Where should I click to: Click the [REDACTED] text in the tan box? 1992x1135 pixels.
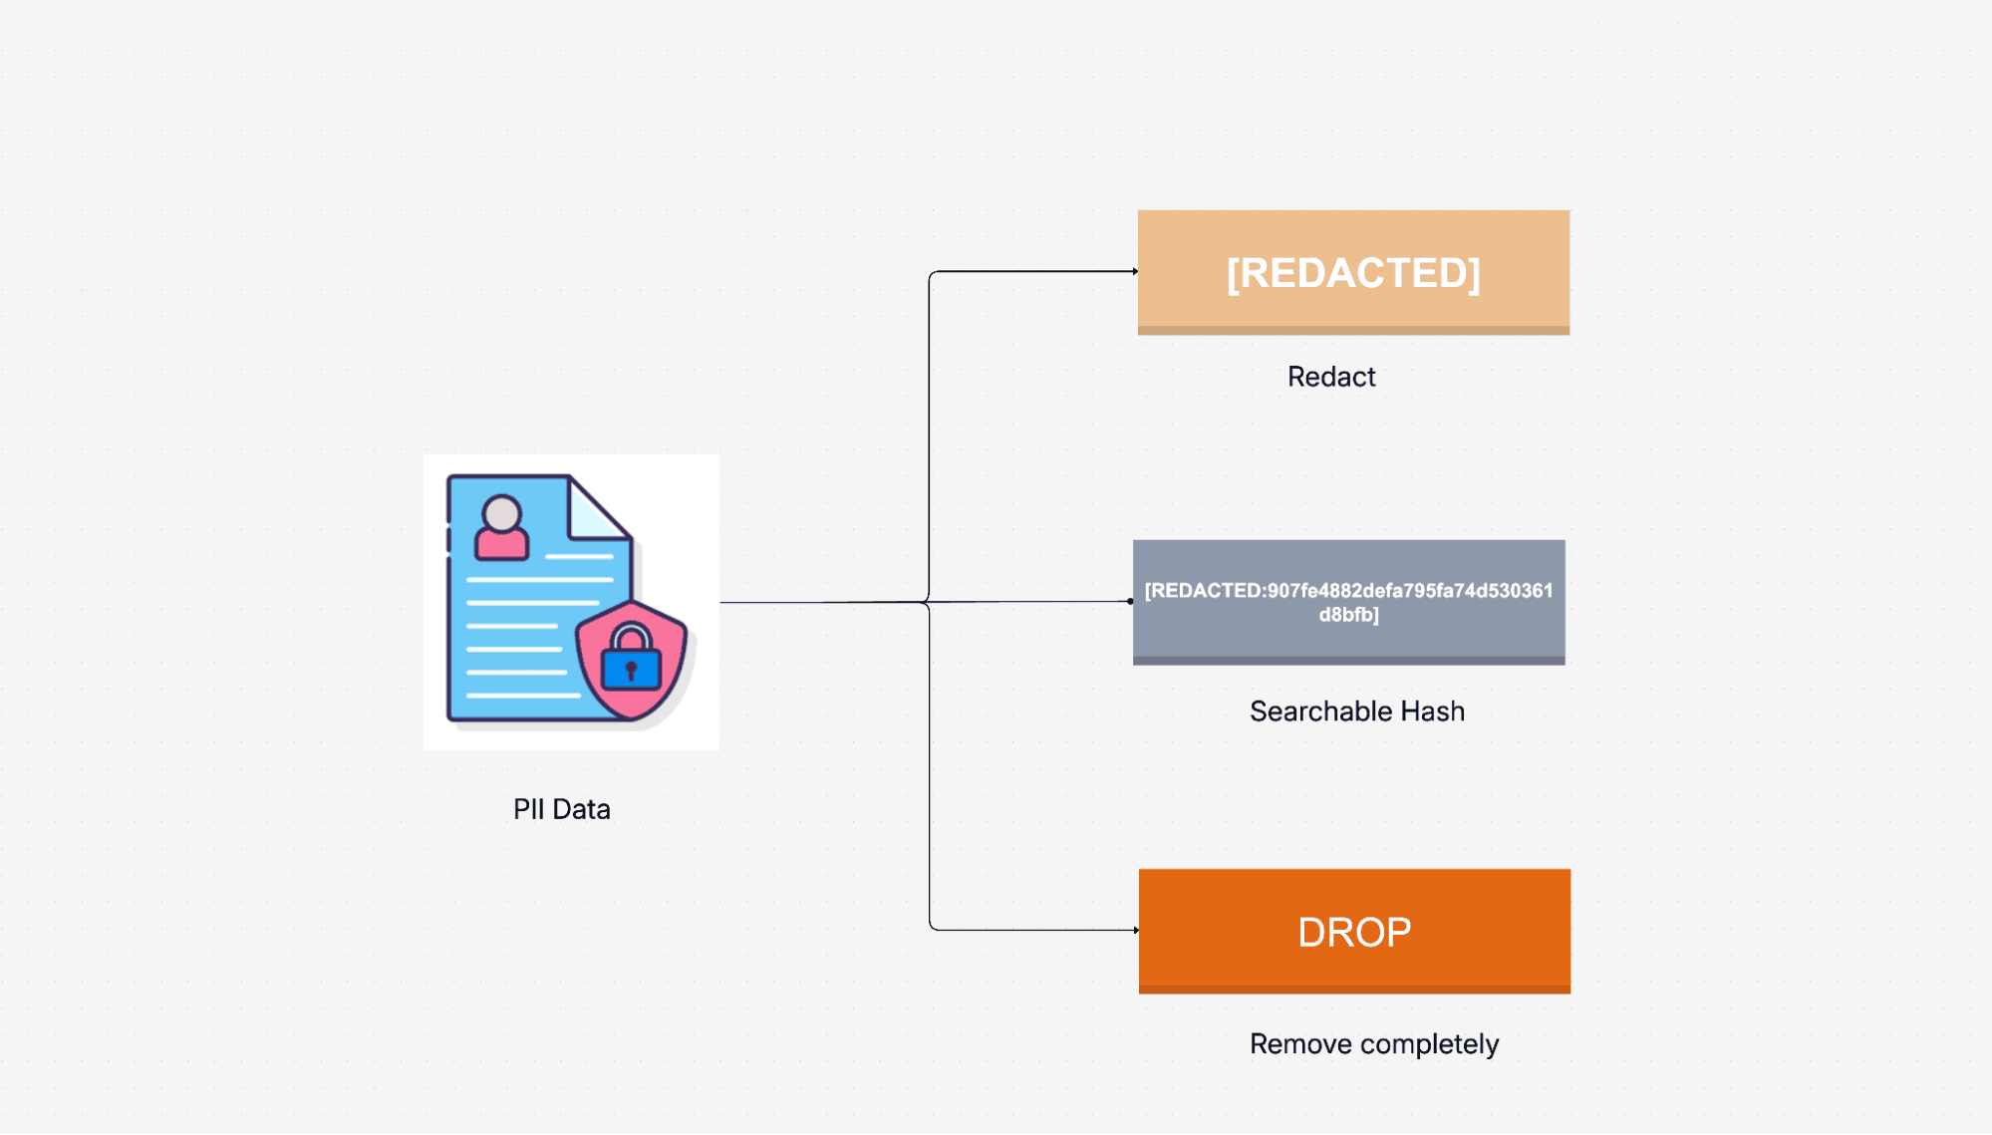point(1352,273)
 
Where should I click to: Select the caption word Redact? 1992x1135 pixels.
point(1330,377)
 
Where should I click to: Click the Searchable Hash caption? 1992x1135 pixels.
point(1356,711)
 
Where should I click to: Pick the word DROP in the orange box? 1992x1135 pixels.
point(1353,933)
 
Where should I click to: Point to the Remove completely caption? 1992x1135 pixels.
point(1373,1044)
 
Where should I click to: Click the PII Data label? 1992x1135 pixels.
point(561,809)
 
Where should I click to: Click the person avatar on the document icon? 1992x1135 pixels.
point(501,528)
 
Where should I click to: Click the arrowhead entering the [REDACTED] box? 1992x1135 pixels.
point(1135,271)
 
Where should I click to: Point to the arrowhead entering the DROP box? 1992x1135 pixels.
point(1136,930)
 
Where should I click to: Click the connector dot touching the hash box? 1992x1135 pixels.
point(1130,601)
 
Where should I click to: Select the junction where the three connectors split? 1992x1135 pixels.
point(929,602)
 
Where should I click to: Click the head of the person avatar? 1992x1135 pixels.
point(501,514)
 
